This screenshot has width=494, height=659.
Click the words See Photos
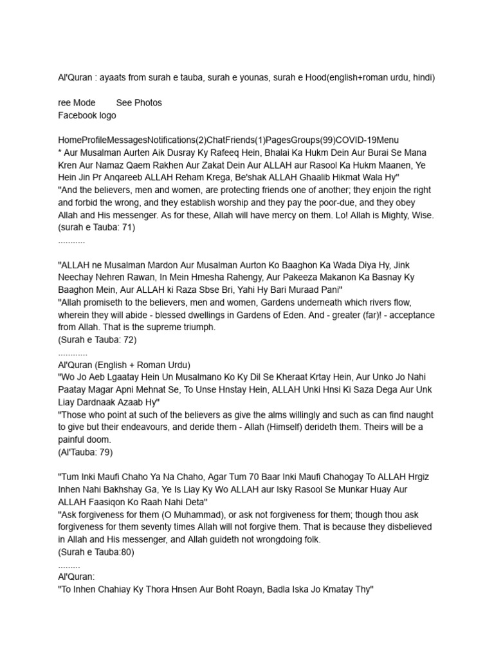pyautogui.click(x=139, y=102)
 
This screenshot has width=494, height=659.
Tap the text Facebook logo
pyautogui.click(x=87, y=115)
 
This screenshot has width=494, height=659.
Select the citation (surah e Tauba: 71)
pyautogui.click(x=96, y=227)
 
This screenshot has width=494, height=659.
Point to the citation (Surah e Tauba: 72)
pyautogui.click(x=97, y=340)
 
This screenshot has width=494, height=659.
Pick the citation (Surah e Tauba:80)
pyautogui.click(x=96, y=552)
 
